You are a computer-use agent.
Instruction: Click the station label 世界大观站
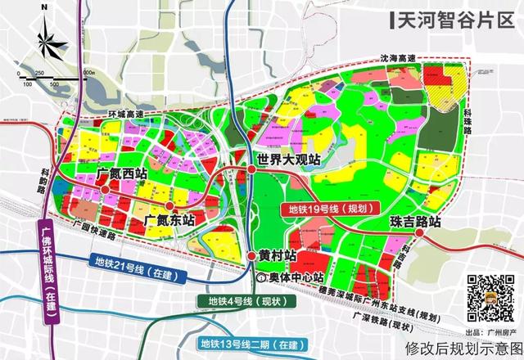tap(287, 159)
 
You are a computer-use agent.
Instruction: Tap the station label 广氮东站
tap(169, 221)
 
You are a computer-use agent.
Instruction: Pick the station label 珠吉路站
tap(415, 222)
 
